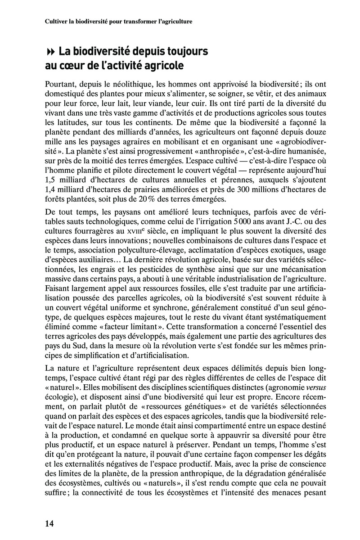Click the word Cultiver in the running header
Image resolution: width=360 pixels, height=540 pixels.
(x=57, y=21)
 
